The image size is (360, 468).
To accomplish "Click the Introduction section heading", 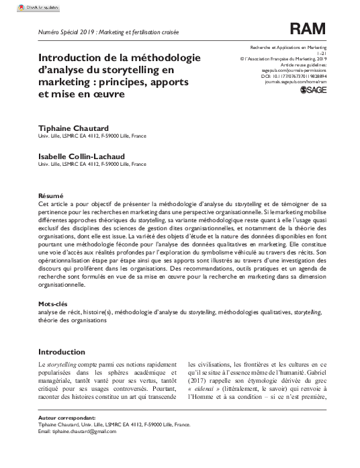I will [62, 352].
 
